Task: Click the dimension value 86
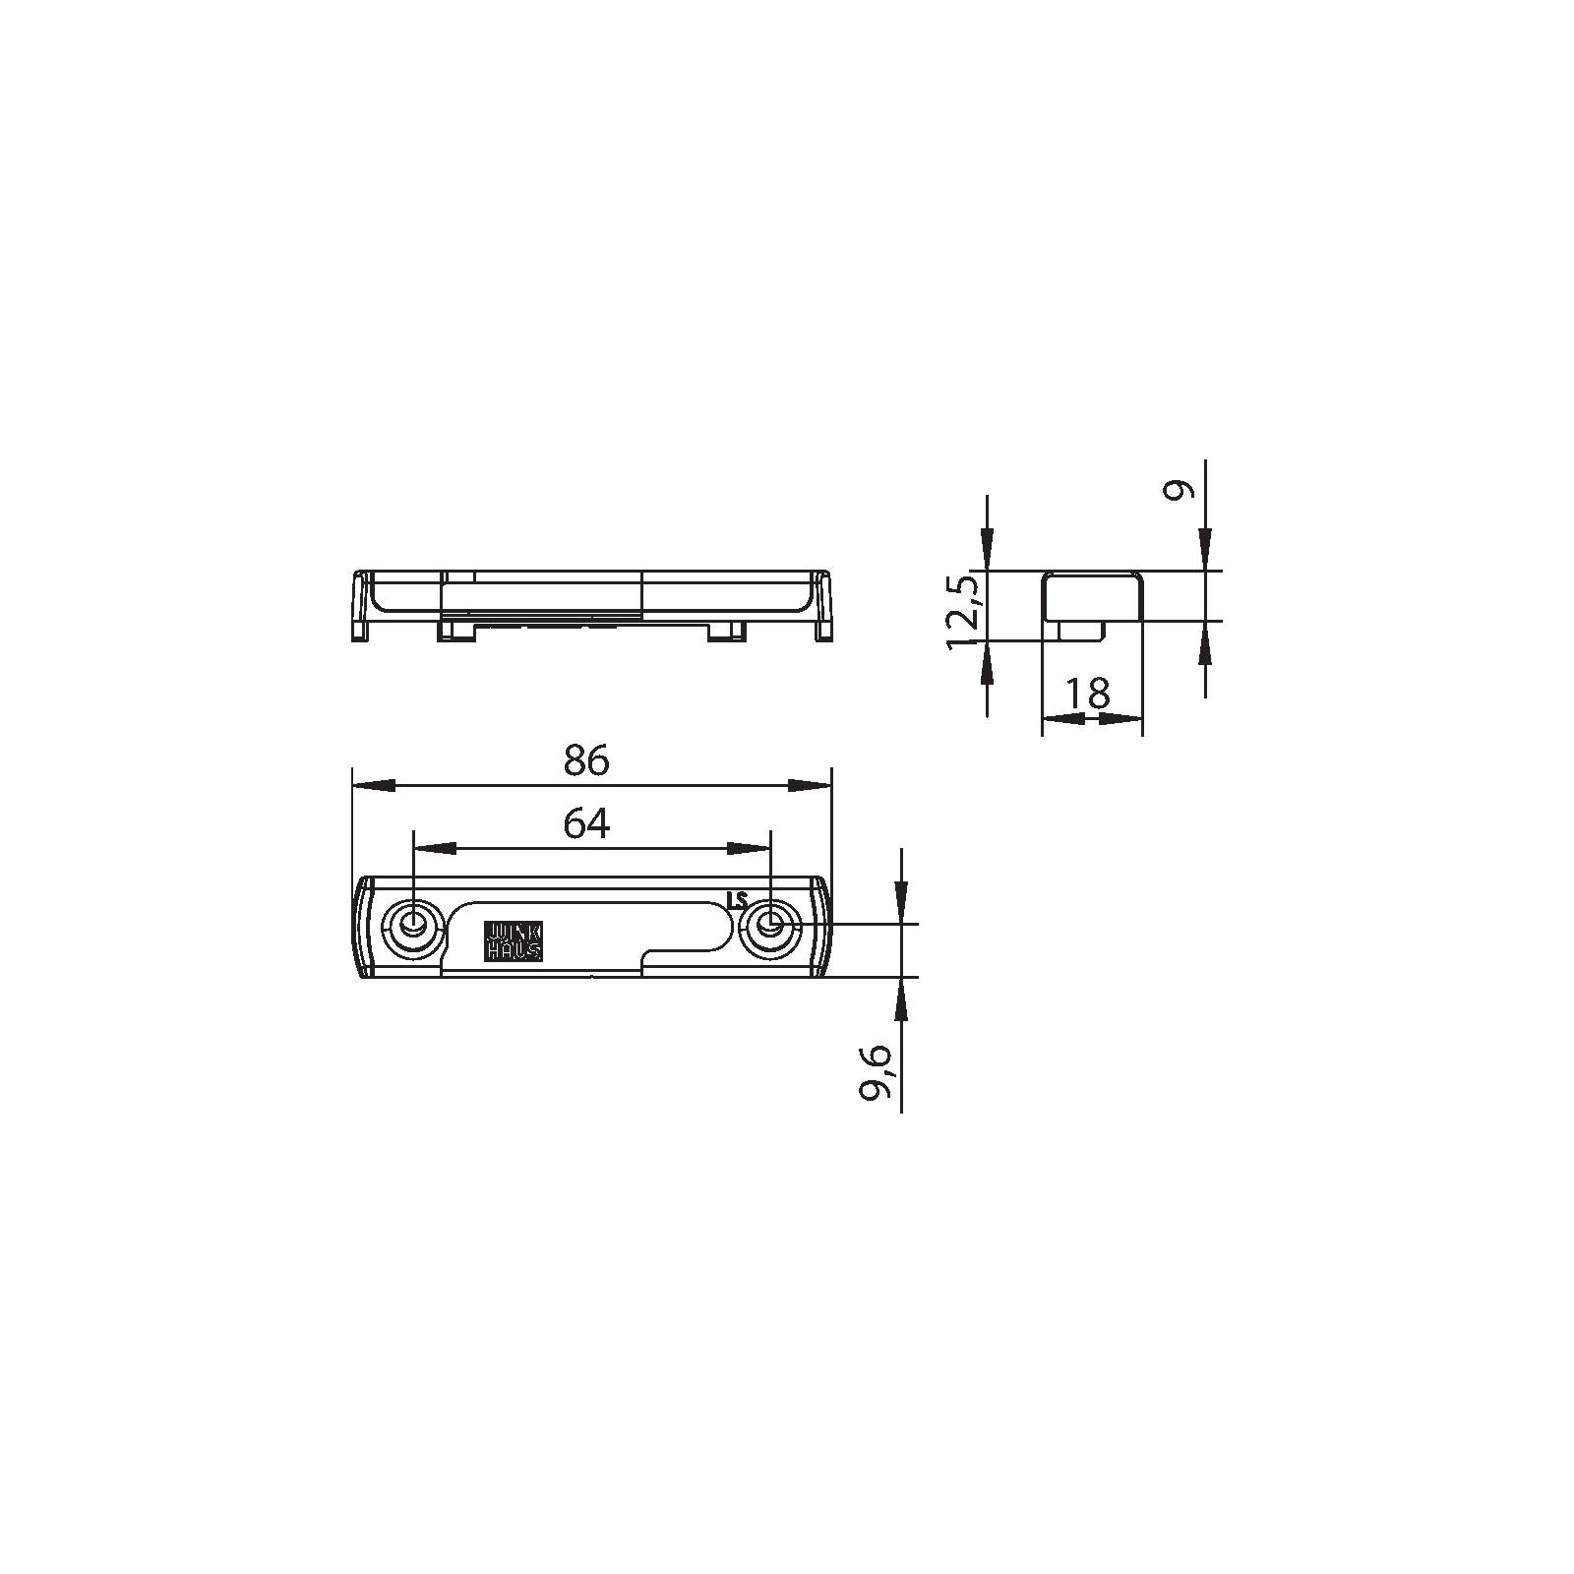pyautogui.click(x=587, y=759)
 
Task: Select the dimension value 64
pyautogui.click(x=587, y=822)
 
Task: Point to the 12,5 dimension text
pyautogui.click(x=964, y=612)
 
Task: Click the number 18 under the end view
pyautogui.click(x=1086, y=693)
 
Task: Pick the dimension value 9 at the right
pyautogui.click(x=1179, y=489)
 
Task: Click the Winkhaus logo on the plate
pyautogui.click(x=513, y=940)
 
